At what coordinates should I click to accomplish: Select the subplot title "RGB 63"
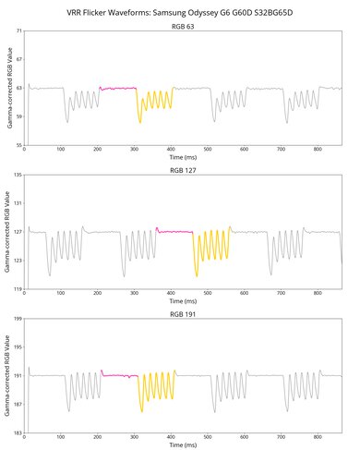pos(182,27)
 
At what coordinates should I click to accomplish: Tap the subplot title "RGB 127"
pos(182,170)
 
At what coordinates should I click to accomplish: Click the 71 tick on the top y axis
pos(18,32)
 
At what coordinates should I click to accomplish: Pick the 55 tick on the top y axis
pos(18,146)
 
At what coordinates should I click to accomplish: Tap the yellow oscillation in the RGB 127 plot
pos(211,248)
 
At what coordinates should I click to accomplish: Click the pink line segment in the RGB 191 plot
pos(120,375)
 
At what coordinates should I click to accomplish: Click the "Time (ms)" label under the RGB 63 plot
pos(182,159)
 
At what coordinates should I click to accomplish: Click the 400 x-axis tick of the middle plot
pos(171,295)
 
